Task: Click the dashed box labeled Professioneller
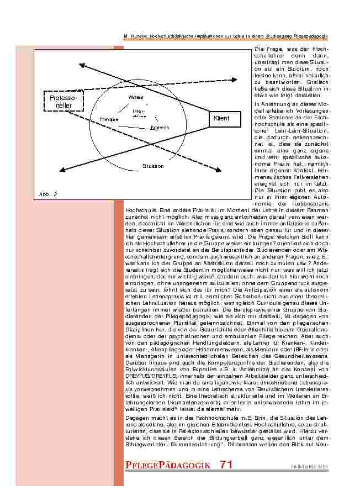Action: coord(63,101)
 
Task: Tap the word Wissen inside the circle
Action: coord(136,98)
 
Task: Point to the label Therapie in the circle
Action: coord(109,119)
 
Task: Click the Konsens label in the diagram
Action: coord(160,128)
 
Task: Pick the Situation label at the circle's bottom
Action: coord(153,166)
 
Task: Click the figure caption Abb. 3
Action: coord(48,193)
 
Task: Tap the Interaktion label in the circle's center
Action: coord(139,114)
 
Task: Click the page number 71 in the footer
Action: coord(226,465)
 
